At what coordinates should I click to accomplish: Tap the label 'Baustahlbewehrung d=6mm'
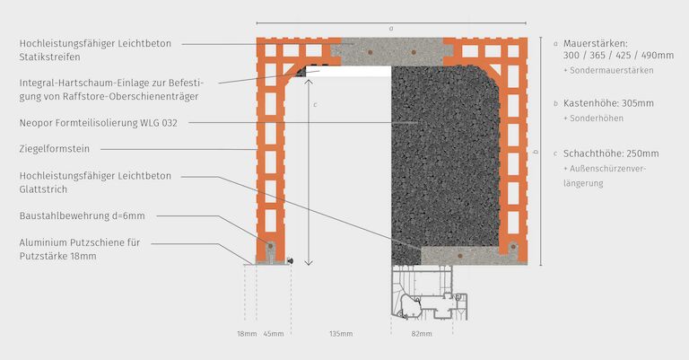click(82, 215)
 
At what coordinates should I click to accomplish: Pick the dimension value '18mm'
click(247, 334)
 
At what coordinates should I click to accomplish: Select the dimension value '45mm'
click(273, 334)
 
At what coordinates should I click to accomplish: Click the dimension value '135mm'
click(340, 334)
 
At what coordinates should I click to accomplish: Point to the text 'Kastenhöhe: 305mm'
click(611, 104)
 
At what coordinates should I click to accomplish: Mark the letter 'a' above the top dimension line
click(391, 28)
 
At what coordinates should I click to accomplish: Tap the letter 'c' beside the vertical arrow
click(315, 105)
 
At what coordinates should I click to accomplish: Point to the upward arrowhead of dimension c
click(310, 82)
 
